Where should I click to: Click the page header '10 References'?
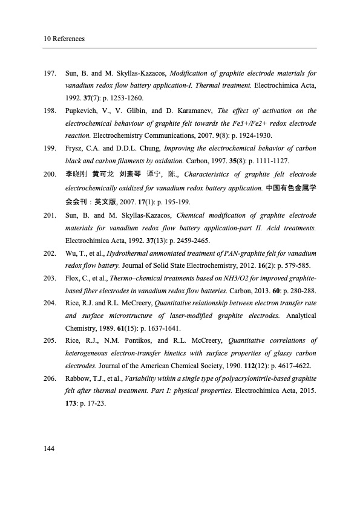coord(64,39)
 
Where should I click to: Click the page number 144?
coord(50,447)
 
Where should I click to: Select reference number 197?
coord(50,74)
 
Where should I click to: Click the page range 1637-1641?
coord(143,328)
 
